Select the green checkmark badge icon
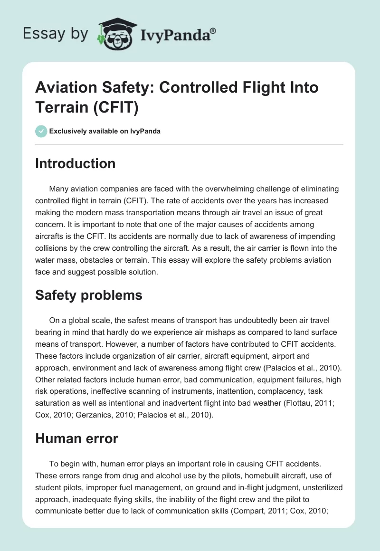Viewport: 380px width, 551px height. click(x=41, y=131)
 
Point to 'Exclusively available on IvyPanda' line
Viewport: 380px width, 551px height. click(x=104, y=131)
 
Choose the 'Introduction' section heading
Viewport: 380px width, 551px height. click(x=76, y=163)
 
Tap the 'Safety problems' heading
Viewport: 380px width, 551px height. click(x=89, y=295)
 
